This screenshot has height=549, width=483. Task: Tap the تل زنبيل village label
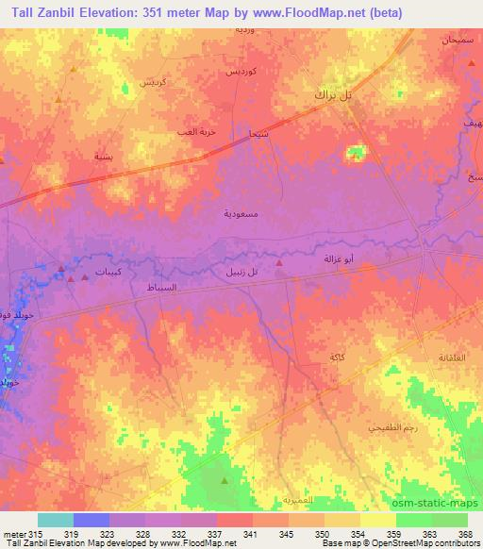click(x=241, y=272)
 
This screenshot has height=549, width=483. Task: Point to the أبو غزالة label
click(x=337, y=258)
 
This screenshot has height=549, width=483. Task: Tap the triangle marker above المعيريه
click(x=224, y=481)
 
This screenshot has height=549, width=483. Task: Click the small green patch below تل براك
click(x=356, y=152)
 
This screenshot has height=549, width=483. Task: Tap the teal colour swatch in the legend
click(x=55, y=520)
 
